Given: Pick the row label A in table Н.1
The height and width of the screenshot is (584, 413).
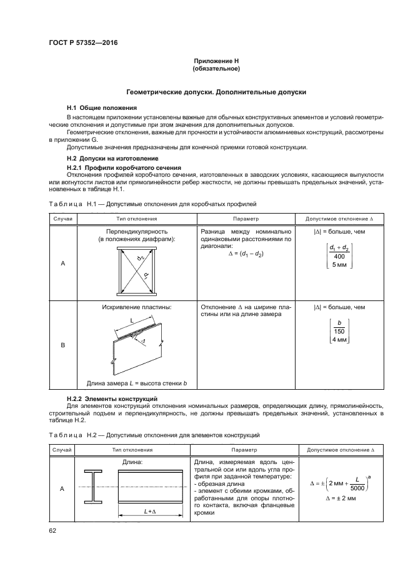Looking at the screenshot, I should pyautogui.click(x=62, y=263).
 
